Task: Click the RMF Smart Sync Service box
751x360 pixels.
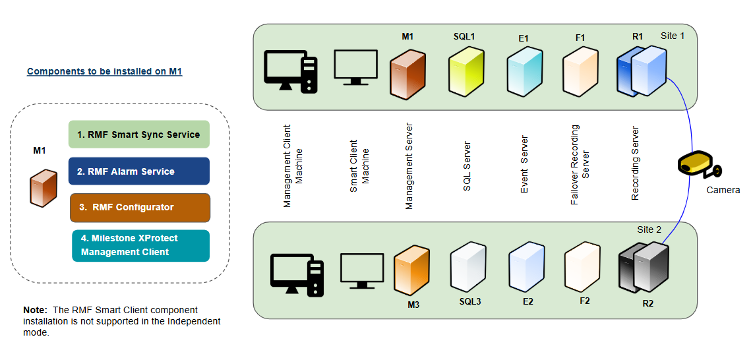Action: point(138,135)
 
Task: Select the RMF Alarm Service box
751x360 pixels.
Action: point(138,171)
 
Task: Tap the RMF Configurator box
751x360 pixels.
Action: point(140,208)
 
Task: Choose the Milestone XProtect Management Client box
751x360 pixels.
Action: point(140,246)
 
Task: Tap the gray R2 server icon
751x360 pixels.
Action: point(644,269)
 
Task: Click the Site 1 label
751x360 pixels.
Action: point(673,36)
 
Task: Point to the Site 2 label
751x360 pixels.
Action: point(649,229)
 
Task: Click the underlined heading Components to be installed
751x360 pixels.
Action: point(104,71)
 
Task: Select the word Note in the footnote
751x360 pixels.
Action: point(34,310)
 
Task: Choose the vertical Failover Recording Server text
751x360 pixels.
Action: point(580,165)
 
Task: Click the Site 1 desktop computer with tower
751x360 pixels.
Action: point(291,71)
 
